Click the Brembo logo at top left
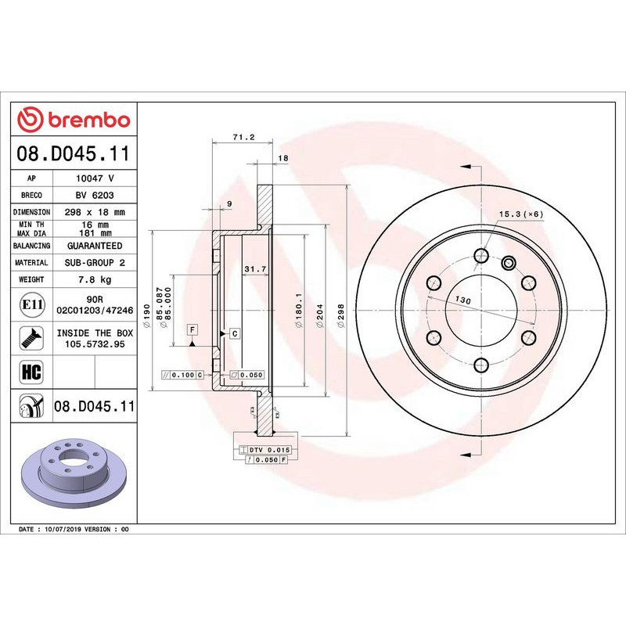[x=74, y=120]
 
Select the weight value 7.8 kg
[x=95, y=279]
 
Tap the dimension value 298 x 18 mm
[x=95, y=212]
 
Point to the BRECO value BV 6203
[x=95, y=195]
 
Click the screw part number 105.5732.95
[x=95, y=343]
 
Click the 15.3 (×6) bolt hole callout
[x=520, y=214]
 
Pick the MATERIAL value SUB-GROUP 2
[x=95, y=263]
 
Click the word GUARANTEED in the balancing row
[x=95, y=246]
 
